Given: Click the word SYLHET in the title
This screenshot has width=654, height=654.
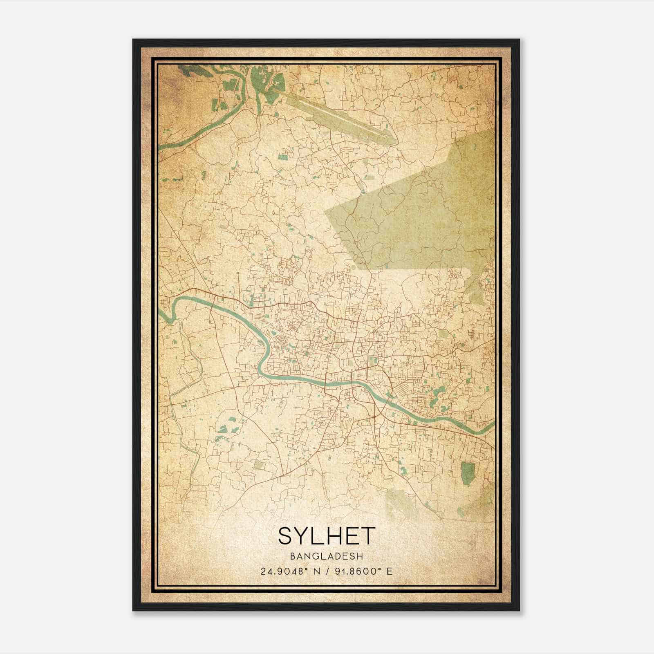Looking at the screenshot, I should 326,535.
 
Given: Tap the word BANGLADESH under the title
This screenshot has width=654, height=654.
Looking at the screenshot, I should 326,556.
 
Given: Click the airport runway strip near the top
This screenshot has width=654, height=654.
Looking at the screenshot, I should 339,116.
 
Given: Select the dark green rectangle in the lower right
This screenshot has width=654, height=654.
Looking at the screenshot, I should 467,472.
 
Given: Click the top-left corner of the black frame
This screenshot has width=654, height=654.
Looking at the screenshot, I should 134,40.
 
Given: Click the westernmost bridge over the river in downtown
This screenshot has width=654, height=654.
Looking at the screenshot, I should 326,383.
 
